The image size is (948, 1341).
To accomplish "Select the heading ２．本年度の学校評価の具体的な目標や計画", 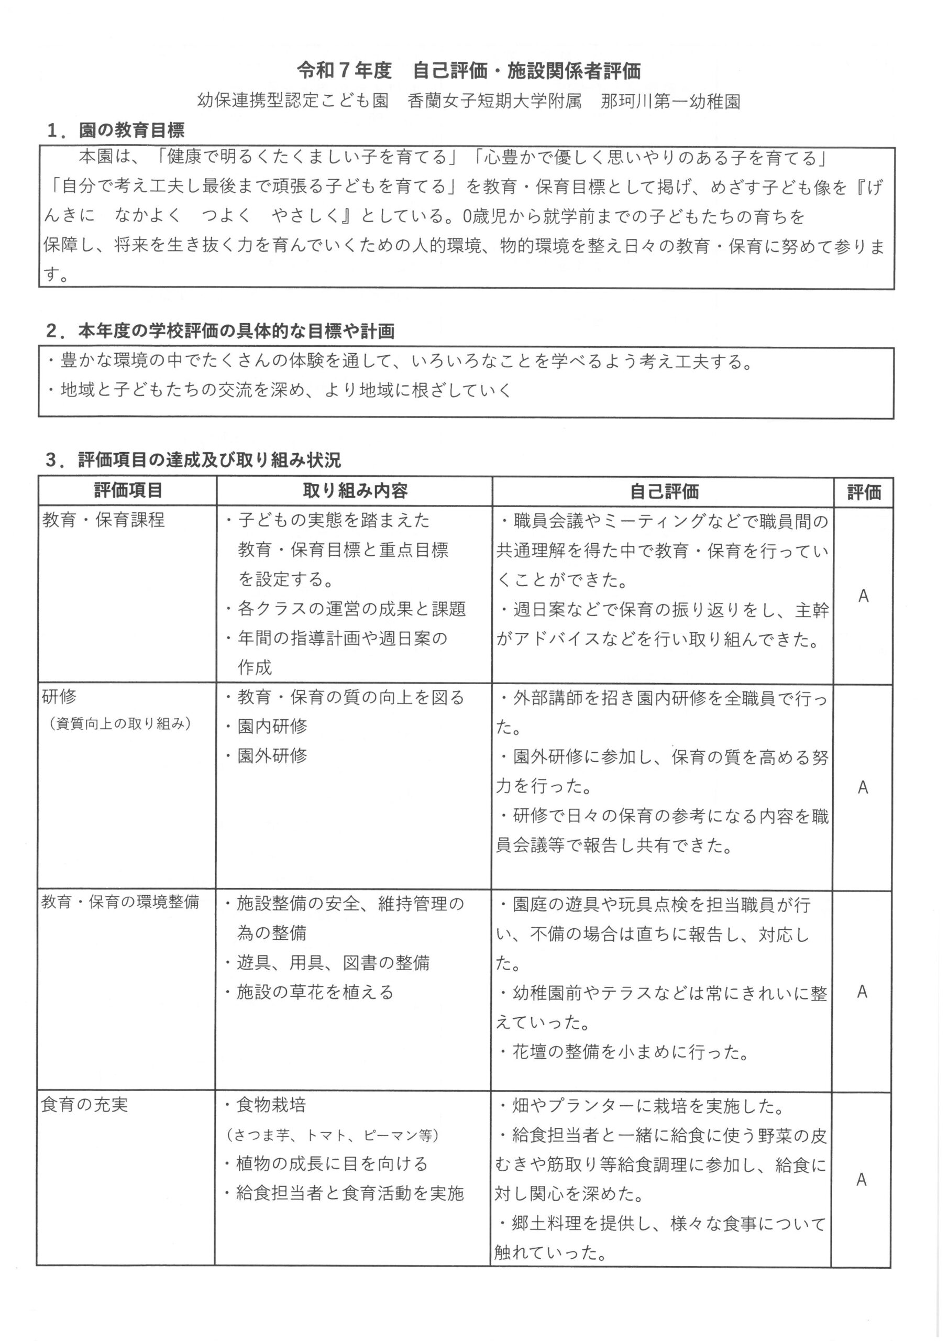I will [221, 331].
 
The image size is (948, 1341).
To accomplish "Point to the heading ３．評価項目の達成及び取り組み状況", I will [193, 460].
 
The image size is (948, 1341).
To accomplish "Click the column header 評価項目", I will [128, 491].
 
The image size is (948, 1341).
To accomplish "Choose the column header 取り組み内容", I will [355, 491].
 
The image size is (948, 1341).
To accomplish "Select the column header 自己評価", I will [664, 492].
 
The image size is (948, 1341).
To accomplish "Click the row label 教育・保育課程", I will [103, 520].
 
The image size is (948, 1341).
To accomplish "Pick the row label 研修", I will [60, 696].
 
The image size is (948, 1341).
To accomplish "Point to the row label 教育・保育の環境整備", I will [120, 902].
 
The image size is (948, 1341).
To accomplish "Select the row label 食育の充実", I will [85, 1104].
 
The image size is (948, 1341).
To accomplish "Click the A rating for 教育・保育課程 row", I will [863, 596].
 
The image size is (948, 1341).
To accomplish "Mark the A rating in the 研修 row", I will [863, 787].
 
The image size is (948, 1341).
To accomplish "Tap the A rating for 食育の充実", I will [861, 1180].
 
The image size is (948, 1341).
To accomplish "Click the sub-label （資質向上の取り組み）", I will [121, 723].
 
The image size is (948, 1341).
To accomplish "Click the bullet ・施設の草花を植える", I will [310, 992].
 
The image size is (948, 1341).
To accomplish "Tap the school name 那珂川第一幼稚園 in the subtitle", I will [670, 102].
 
